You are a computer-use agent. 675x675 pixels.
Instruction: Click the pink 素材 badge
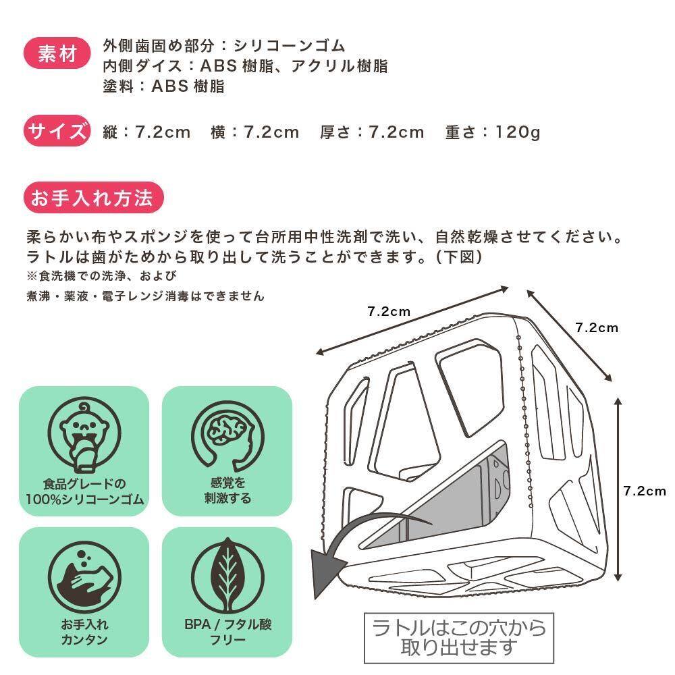[57, 53]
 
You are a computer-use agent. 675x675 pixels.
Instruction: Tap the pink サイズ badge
[57, 130]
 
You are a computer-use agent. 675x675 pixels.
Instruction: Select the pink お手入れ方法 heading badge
[93, 198]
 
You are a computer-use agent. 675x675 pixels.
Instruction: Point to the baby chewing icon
[84, 435]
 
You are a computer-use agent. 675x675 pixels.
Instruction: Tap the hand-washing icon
[84, 577]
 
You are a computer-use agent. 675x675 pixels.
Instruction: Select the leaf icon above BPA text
[227, 577]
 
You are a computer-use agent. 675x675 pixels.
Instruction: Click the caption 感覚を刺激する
[227, 490]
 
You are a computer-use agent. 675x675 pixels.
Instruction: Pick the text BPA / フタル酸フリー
[227, 632]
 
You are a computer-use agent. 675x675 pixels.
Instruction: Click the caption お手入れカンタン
[84, 632]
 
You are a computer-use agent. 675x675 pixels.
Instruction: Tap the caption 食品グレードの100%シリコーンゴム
[84, 491]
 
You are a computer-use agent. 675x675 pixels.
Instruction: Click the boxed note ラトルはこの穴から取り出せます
[459, 638]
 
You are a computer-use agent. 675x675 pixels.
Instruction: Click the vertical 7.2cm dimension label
[645, 491]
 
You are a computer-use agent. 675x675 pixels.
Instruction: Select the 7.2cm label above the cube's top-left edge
[389, 311]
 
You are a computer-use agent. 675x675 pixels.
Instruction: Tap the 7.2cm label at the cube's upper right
[597, 327]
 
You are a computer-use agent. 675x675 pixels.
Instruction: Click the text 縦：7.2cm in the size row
[146, 132]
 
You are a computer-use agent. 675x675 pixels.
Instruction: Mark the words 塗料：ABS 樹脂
[163, 86]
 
